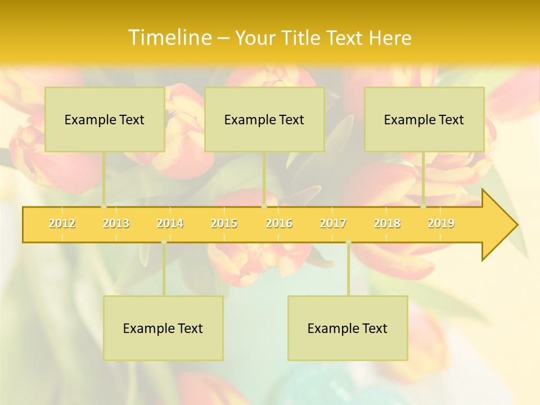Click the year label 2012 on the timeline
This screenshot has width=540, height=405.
click(x=62, y=223)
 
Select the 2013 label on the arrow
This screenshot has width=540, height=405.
click(x=116, y=223)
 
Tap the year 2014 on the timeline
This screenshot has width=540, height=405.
click(x=170, y=223)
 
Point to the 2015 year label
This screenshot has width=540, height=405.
click(x=224, y=223)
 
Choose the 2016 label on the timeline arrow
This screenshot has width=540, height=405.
click(x=279, y=223)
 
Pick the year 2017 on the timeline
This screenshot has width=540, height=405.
click(x=333, y=223)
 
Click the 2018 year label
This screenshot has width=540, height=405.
click(x=387, y=223)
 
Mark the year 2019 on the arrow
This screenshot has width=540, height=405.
click(x=441, y=223)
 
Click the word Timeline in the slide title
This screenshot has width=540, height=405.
click(x=169, y=38)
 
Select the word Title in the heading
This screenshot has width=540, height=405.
click(x=303, y=38)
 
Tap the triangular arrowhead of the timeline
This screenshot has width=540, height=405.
click(x=498, y=225)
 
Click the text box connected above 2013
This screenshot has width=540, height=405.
click(x=105, y=119)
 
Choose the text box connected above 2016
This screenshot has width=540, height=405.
click(x=264, y=119)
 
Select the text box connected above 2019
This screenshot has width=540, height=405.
click(x=424, y=119)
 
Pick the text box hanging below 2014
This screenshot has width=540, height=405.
click(x=163, y=328)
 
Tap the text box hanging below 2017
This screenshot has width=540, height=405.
click(x=348, y=328)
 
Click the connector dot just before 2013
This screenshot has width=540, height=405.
click(x=103, y=206)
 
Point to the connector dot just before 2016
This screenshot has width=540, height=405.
click(x=264, y=206)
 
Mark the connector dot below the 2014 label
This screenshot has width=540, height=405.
click(x=164, y=242)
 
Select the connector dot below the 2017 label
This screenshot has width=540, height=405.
click(x=348, y=242)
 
